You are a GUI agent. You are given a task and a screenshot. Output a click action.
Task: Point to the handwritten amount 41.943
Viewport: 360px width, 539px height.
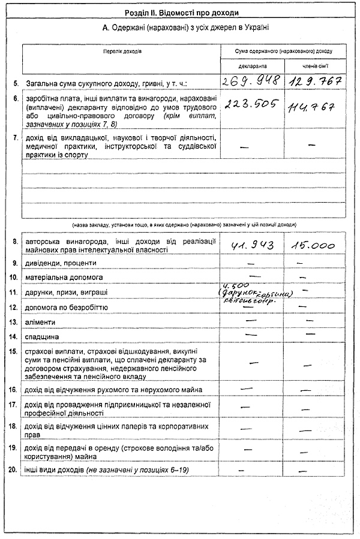pos(251,245)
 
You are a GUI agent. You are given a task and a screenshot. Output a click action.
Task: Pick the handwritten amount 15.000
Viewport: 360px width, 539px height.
pos(313,245)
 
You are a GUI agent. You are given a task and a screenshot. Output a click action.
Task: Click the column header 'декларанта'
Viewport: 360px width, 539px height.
pos(251,65)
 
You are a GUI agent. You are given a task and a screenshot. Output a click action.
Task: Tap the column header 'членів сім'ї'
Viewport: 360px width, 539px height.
pos(315,65)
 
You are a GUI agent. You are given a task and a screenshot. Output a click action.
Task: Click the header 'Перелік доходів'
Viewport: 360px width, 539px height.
pos(122,51)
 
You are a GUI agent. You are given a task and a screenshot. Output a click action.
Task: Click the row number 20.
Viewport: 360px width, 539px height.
pos(14,469)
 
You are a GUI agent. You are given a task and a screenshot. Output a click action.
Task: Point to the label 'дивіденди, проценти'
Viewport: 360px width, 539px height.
pos(60,263)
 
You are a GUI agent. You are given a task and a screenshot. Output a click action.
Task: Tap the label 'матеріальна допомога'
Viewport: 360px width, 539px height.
pos(64,278)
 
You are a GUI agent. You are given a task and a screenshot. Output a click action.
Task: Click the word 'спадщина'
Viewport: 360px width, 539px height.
pos(42,337)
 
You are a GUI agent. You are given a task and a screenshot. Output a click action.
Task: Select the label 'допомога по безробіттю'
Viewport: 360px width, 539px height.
pos(66,307)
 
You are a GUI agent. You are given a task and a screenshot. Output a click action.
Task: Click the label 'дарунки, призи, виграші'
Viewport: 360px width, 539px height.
pos(66,292)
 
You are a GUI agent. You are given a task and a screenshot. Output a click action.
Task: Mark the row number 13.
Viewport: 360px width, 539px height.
pos(14,322)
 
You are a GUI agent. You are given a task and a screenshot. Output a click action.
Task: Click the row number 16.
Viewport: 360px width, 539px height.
pos(14,390)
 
